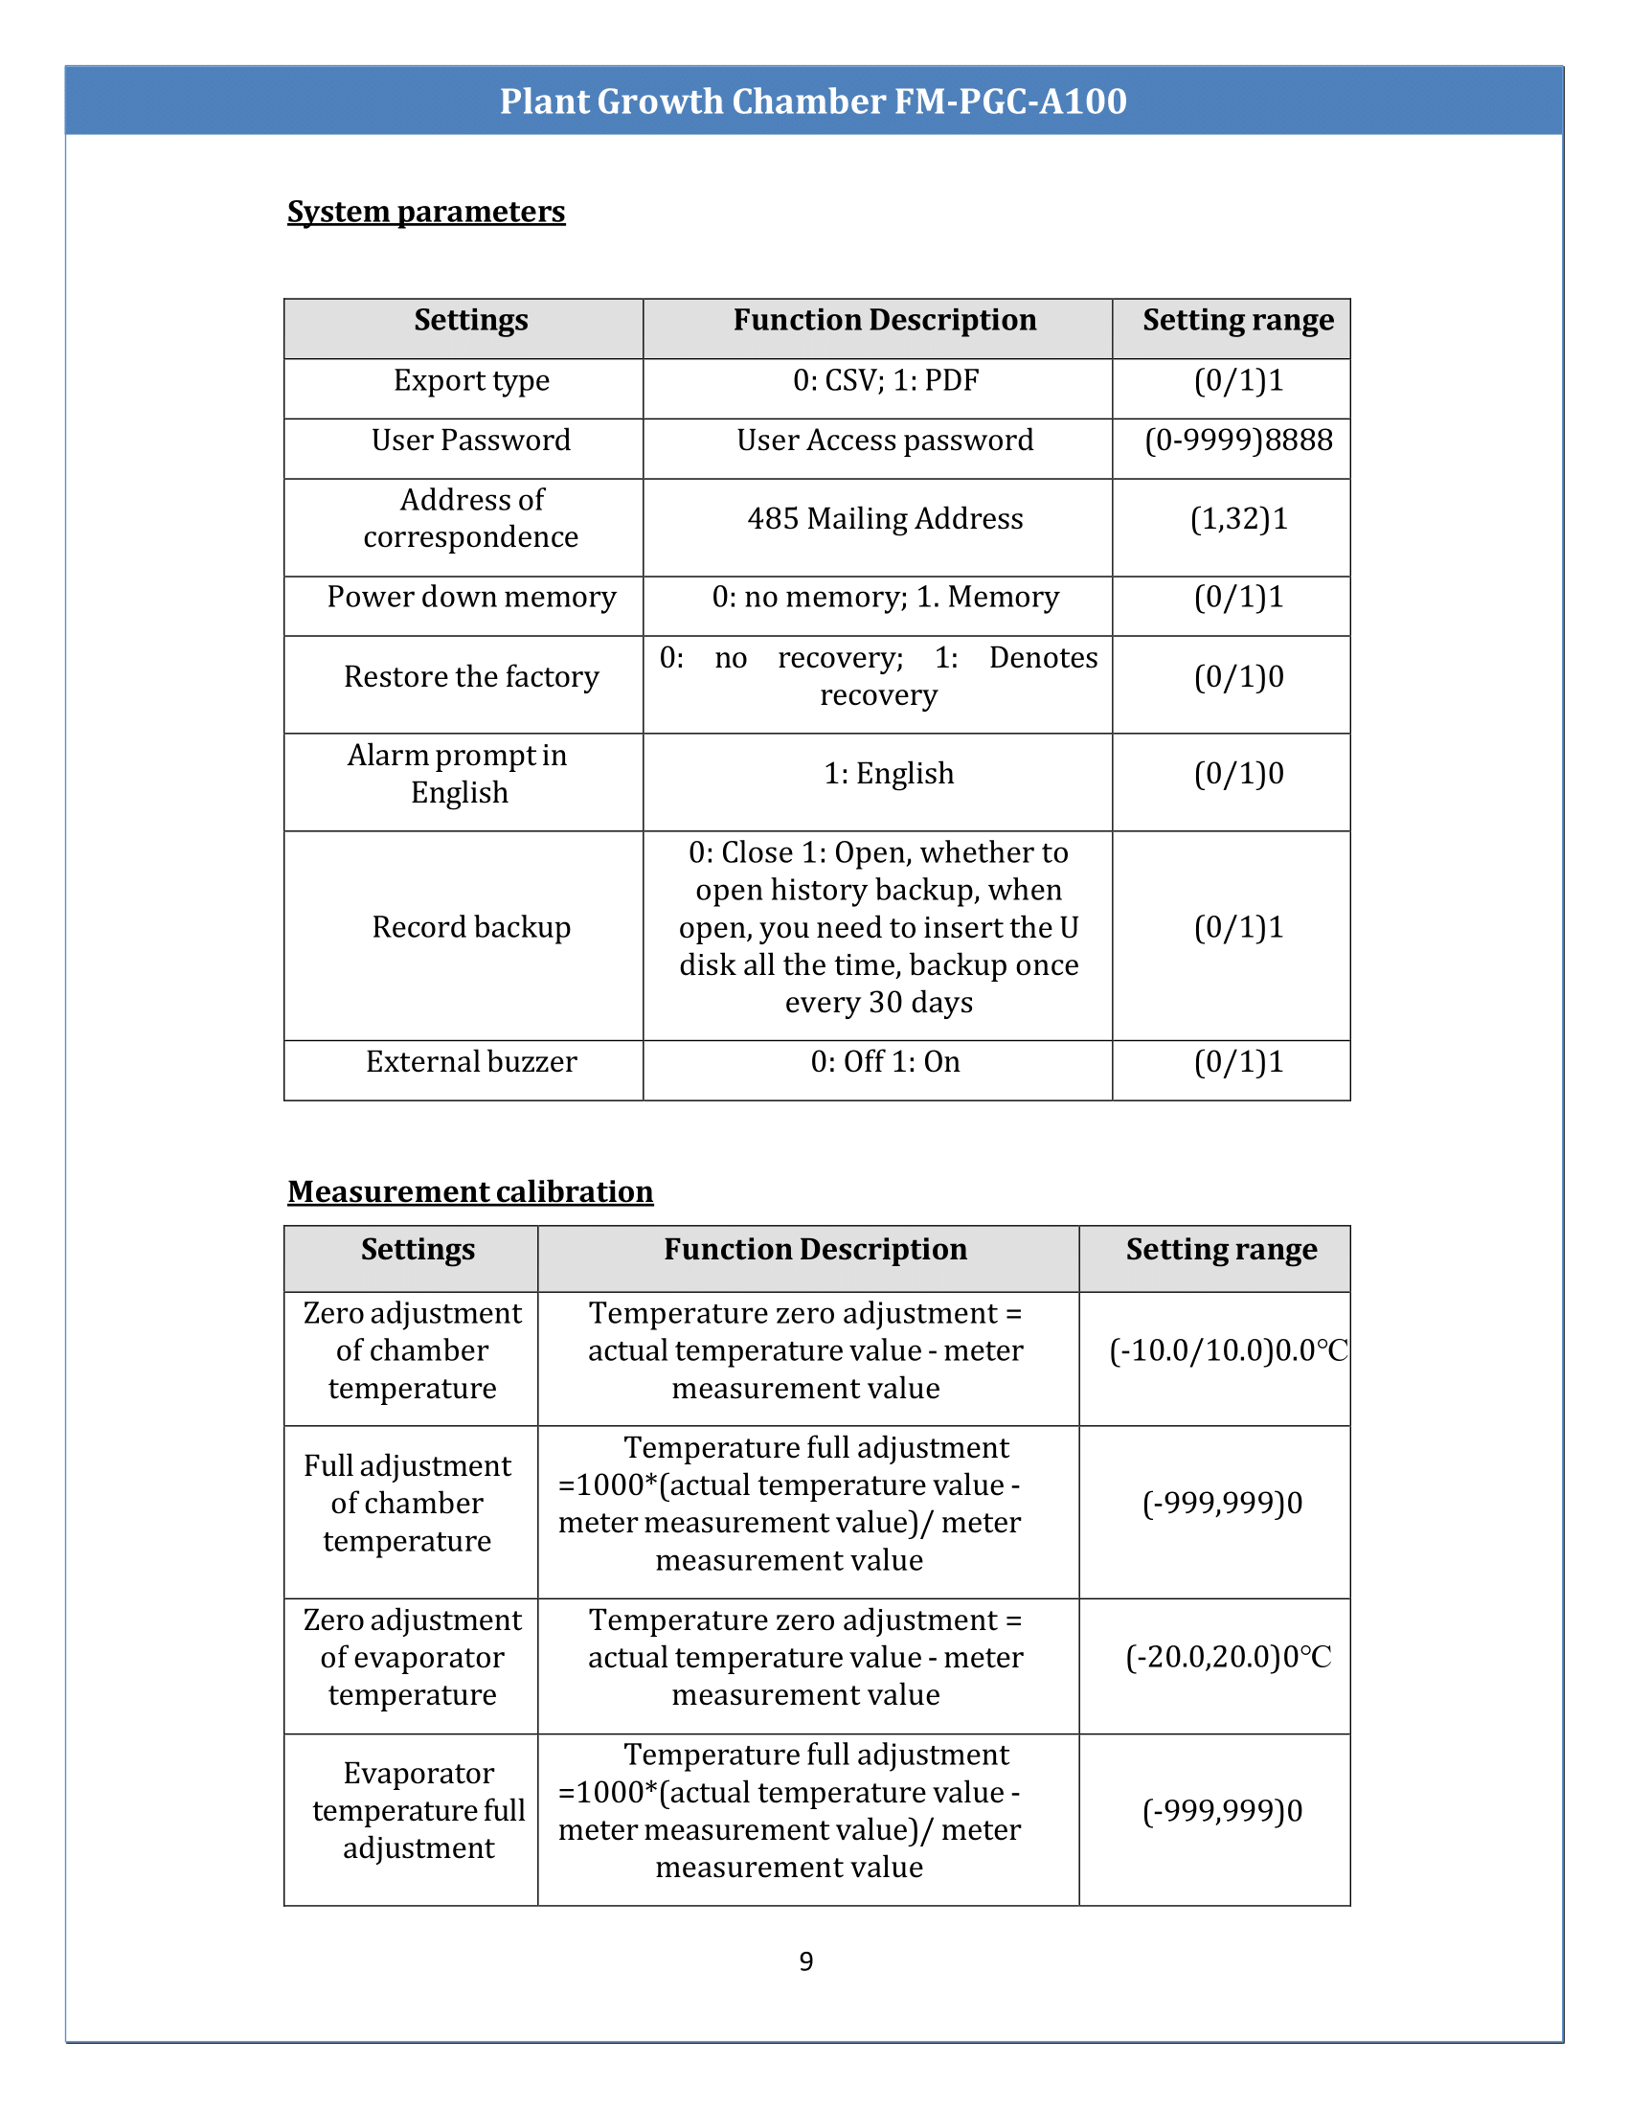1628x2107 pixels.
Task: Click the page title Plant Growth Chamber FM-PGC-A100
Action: point(813,102)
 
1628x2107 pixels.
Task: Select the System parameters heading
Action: point(425,212)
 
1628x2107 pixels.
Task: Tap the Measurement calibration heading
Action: point(469,1191)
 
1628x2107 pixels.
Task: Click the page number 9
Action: point(806,1961)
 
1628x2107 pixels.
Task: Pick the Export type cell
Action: point(470,381)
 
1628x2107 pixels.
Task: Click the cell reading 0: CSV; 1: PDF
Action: point(885,381)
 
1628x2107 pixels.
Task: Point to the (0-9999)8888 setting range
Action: point(1237,441)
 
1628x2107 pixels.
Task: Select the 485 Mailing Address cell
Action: point(885,519)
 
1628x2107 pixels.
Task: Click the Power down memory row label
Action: point(470,598)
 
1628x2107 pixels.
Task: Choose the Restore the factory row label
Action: point(470,677)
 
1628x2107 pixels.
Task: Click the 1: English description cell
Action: point(889,774)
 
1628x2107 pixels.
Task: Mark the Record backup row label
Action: point(470,927)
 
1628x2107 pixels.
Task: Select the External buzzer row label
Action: point(470,1062)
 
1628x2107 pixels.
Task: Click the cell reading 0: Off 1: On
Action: point(885,1062)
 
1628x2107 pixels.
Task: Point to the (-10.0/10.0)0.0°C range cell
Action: point(1228,1350)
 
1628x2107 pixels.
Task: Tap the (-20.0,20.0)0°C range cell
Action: point(1228,1658)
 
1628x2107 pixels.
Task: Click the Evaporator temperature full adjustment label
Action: point(418,1811)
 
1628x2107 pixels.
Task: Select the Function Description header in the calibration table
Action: point(815,1249)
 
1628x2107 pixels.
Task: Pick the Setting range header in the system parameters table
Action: point(1237,320)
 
